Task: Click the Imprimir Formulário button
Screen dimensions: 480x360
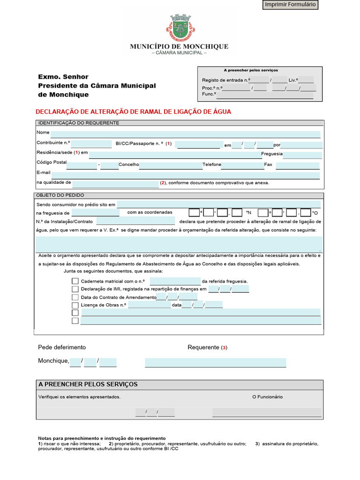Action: pos(291,5)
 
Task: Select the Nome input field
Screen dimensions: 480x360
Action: pos(185,135)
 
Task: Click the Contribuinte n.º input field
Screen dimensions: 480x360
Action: pos(91,144)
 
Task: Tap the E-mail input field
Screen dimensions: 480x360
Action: pos(185,175)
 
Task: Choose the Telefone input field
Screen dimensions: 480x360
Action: pos(242,165)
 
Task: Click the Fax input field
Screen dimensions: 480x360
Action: pos(297,165)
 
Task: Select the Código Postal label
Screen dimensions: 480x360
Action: pos(52,162)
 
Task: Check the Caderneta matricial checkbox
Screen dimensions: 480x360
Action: pos(75,281)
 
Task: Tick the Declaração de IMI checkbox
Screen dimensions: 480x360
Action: pos(75,289)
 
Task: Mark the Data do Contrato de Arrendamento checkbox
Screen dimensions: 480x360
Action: pos(75,297)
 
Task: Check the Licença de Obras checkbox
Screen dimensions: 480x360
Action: pos(75,305)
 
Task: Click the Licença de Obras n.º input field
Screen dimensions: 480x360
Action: pos(150,305)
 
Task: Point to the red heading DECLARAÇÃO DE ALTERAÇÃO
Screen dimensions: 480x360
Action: pos(134,112)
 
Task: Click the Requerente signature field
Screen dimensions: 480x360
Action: pos(215,362)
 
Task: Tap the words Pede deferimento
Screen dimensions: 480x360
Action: pos(62,347)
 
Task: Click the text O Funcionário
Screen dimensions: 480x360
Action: pos(267,397)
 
